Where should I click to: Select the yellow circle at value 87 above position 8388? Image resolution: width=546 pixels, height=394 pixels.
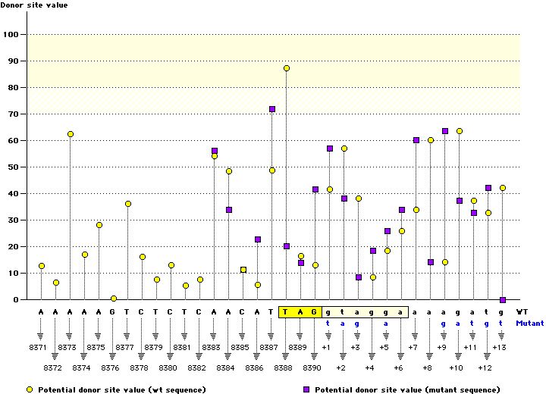(x=287, y=68)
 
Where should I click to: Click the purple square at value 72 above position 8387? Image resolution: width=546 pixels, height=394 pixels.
(x=272, y=109)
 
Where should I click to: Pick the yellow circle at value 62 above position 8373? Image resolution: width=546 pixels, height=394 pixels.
(x=71, y=134)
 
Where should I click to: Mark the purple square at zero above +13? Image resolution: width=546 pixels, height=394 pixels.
(x=503, y=300)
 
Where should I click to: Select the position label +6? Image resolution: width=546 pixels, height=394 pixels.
(x=398, y=367)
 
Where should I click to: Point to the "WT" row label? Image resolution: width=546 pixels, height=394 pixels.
(x=522, y=311)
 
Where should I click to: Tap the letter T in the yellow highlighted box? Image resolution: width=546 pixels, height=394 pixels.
(x=287, y=311)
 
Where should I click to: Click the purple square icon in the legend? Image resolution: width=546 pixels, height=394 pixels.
(x=308, y=389)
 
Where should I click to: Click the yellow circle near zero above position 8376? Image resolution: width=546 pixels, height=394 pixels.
(x=114, y=299)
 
